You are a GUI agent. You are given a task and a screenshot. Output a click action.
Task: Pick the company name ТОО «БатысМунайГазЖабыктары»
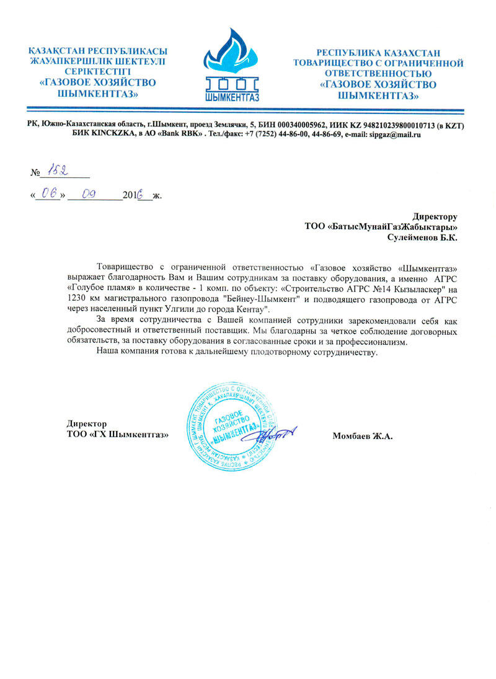381,227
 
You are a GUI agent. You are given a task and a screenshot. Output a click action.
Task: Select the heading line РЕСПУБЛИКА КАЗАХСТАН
379,54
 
